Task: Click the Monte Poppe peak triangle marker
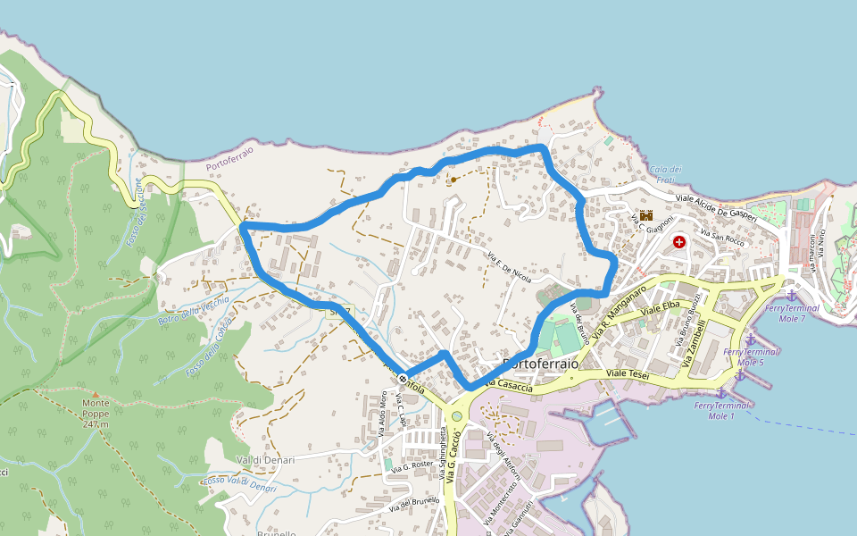tap(95, 393)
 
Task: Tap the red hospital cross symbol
tap(680, 241)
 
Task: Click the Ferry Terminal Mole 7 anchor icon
tap(791, 294)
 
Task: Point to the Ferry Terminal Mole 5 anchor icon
tap(751, 339)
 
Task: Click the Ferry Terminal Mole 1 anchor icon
tap(720, 392)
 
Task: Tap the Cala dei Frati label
tap(666, 175)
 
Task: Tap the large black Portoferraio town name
tap(541, 364)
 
